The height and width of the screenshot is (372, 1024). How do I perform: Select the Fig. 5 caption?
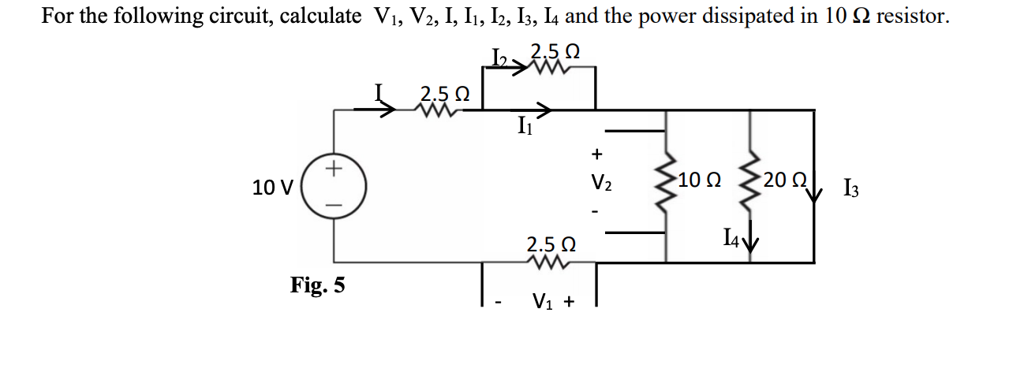coord(317,285)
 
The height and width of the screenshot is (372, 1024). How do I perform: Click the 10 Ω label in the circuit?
coord(698,180)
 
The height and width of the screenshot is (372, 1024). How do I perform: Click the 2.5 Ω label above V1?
coord(551,244)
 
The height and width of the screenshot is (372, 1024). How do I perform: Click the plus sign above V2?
coord(597,152)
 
